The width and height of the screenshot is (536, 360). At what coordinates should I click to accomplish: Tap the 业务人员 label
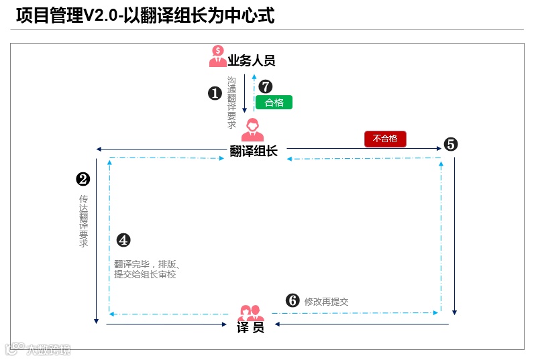(252, 61)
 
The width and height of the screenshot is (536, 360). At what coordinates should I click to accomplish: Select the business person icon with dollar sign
(218, 56)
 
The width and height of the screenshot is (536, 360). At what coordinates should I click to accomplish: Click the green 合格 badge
(274, 103)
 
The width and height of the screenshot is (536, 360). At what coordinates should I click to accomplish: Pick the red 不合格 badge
(385, 139)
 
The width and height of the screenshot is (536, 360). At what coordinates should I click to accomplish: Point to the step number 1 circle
(215, 94)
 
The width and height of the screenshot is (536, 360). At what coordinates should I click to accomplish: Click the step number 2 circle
(83, 179)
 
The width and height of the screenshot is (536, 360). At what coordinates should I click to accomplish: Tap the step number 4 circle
(123, 240)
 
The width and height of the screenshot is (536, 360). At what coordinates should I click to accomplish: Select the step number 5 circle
(450, 144)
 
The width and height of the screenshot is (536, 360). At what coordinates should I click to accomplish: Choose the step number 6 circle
(292, 301)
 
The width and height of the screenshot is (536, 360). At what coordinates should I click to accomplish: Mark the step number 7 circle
(266, 86)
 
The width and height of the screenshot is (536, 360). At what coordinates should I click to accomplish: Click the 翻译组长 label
(254, 151)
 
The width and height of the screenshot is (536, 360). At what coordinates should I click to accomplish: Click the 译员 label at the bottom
(251, 328)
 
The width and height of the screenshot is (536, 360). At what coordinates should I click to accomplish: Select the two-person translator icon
(252, 312)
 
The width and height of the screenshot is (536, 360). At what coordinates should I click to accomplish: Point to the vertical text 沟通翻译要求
(232, 102)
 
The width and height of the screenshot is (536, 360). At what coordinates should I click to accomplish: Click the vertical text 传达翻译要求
(84, 221)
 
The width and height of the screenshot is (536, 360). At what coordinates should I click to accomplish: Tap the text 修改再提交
(327, 302)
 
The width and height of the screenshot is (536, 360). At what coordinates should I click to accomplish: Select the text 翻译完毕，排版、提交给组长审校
(146, 269)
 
